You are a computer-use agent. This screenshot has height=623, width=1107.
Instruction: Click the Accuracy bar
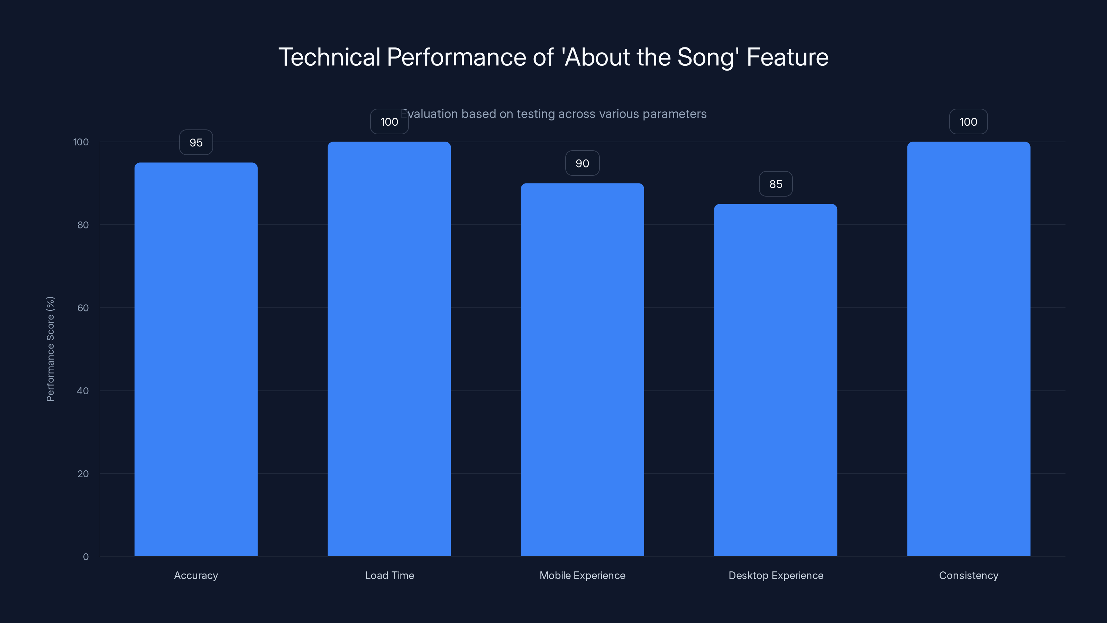tap(196, 359)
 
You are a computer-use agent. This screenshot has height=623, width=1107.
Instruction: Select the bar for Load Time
tap(389, 349)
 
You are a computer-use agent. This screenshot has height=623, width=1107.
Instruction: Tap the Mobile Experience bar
tap(582, 370)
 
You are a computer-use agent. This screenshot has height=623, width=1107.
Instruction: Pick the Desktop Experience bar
tap(776, 380)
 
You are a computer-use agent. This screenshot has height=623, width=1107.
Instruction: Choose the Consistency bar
tap(969, 349)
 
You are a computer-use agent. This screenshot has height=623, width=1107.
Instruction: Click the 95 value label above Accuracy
tap(196, 142)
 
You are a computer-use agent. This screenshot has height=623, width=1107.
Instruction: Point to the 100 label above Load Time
tap(389, 122)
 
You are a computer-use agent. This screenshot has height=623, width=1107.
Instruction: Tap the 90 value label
tap(582, 163)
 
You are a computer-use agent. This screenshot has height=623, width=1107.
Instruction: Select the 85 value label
tap(776, 184)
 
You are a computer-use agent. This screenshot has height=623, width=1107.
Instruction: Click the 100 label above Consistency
tap(968, 122)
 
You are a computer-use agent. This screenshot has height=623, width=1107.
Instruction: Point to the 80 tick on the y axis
tap(83, 225)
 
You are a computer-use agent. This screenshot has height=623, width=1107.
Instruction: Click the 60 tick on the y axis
tap(83, 308)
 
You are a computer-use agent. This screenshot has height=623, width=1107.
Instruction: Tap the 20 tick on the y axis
tap(83, 474)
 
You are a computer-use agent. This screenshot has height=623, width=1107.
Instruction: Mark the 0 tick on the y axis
tap(85, 557)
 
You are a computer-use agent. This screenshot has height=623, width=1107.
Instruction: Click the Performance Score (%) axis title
tap(50, 349)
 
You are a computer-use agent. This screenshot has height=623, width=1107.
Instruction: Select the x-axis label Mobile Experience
tap(582, 575)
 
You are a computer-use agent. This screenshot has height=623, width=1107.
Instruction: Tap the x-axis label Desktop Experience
tap(776, 575)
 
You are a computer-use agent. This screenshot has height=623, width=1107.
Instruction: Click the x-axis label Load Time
tap(389, 575)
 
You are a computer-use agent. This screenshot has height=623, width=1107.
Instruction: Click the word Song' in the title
tap(708, 57)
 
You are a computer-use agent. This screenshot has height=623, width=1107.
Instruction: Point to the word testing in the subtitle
tap(536, 114)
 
